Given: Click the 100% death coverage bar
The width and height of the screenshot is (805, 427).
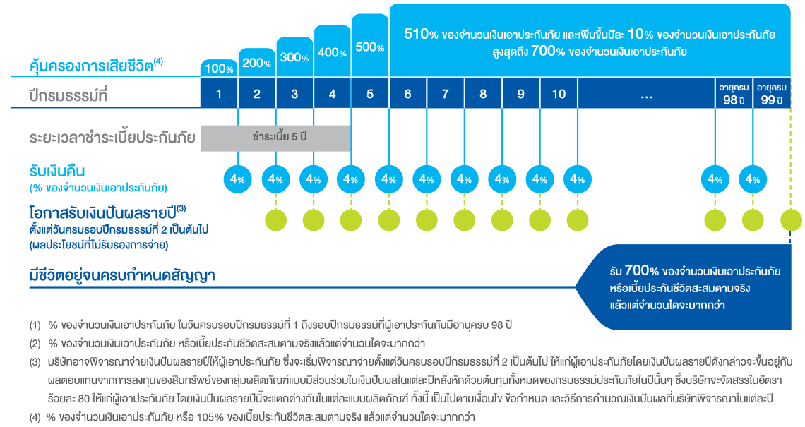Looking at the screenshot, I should coord(219,68).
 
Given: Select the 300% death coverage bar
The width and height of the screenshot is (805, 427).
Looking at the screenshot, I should coord(294,56).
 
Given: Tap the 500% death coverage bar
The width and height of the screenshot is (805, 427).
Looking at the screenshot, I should coord(370,47).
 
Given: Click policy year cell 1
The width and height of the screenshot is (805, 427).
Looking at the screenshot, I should coord(219,94).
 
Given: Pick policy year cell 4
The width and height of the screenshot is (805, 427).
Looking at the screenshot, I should coord(332,94).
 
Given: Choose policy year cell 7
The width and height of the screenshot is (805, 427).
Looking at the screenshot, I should coord(445,94).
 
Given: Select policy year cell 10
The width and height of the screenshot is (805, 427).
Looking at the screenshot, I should coord(559,94).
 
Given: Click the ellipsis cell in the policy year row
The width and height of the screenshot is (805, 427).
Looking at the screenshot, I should coord(646,94).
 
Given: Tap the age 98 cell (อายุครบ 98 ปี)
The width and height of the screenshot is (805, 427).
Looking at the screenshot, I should coord(734,94).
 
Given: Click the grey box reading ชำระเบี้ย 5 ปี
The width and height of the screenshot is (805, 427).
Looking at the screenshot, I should coord(276,138).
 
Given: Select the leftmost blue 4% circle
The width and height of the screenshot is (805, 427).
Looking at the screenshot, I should coord(237,179).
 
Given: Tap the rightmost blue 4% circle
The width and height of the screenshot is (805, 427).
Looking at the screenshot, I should coord(753,179).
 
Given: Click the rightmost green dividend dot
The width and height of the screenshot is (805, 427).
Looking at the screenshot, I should coord(790,219).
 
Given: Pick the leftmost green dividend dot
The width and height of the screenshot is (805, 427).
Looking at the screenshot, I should coord(275,219).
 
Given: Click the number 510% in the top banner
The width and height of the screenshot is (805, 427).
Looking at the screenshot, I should coord(422,34).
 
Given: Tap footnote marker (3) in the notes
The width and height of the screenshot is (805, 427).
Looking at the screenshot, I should coord(35,363).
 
